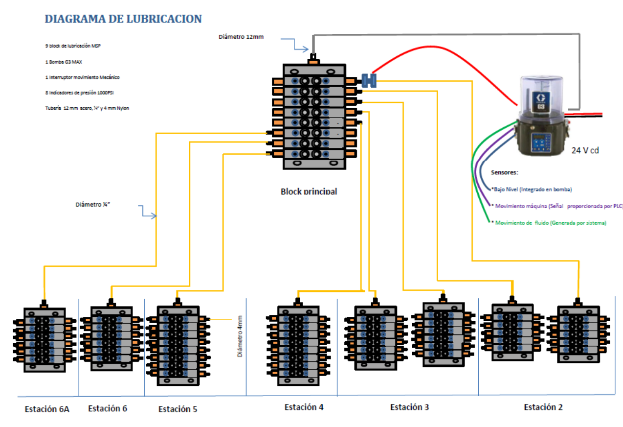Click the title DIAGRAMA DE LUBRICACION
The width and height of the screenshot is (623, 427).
point(123,19)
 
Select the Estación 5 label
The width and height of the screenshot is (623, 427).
point(178,409)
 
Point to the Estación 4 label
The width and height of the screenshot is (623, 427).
point(304,407)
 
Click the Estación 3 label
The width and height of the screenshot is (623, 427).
point(409,407)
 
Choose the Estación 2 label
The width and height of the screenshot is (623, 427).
point(543,407)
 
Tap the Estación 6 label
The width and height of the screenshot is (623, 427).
point(108,408)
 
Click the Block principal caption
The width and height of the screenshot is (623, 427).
point(309,191)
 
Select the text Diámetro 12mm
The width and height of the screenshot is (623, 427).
point(241,37)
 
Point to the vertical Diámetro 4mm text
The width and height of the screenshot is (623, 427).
point(240,335)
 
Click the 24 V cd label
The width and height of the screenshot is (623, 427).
point(585,151)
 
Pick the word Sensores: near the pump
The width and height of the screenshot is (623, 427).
point(504,173)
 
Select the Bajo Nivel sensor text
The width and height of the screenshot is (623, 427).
point(531,189)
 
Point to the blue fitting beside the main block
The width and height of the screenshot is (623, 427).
point(368,80)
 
